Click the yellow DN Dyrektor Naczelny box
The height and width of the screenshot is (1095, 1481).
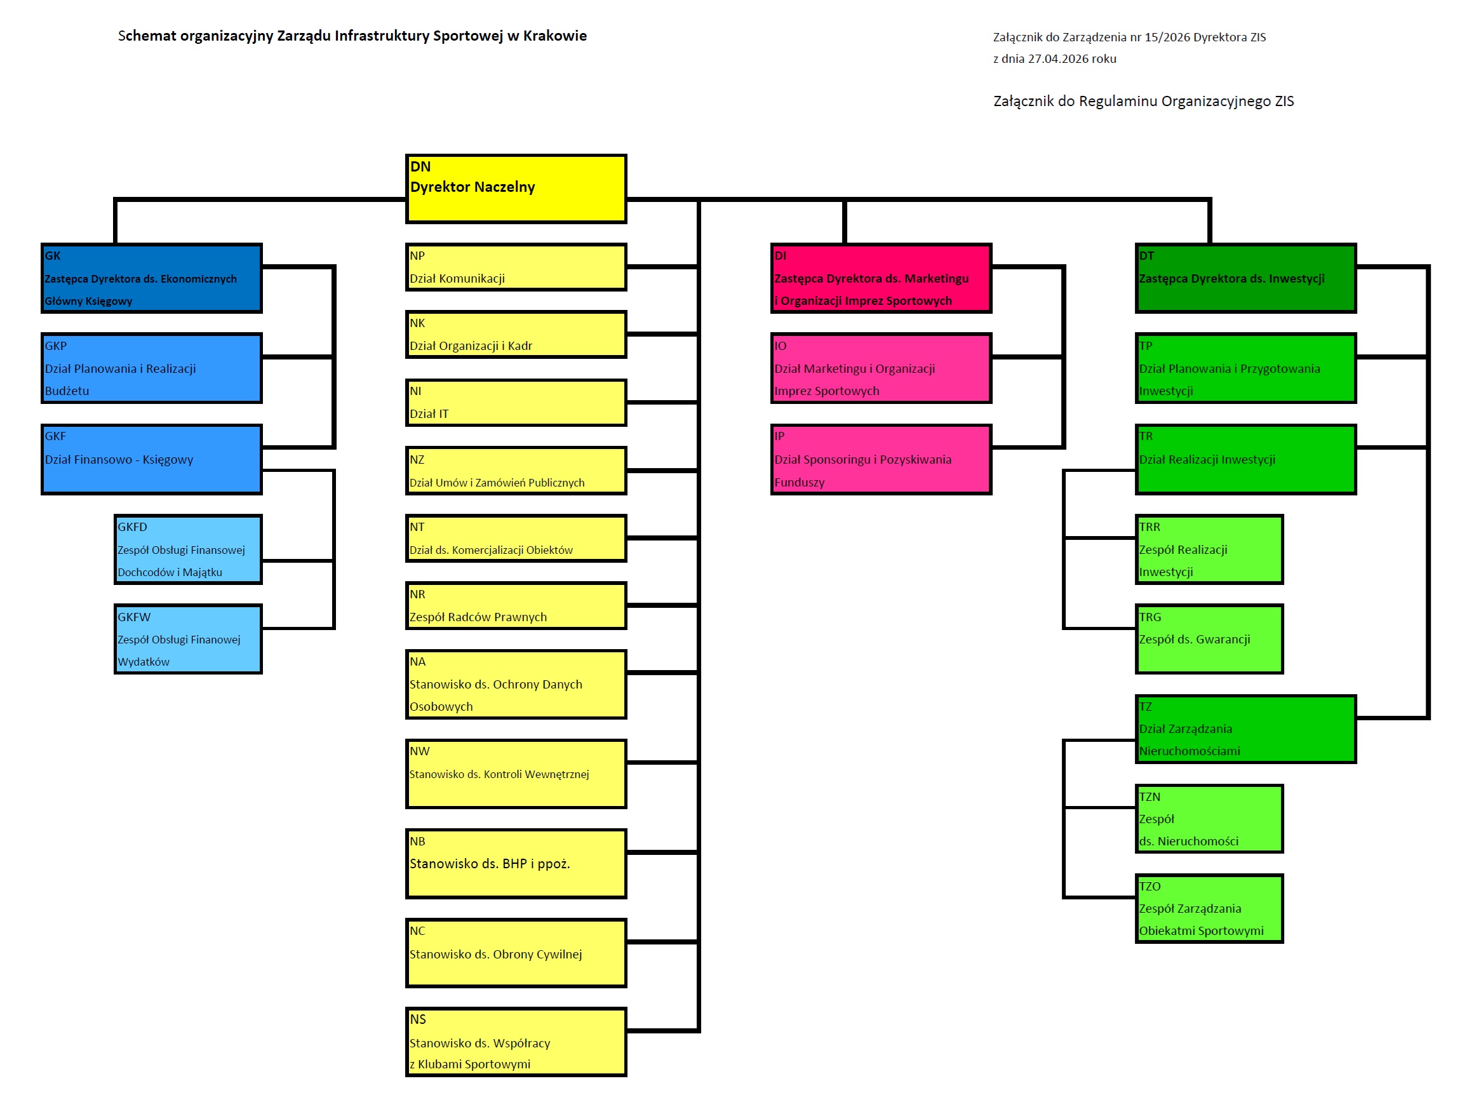tap(516, 189)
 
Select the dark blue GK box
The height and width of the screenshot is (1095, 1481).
tap(152, 278)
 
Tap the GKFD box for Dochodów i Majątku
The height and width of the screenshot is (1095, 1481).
tap(188, 549)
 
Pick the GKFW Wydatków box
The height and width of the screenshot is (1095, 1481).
tap(188, 639)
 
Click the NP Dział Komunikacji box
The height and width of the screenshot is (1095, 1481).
tap(516, 267)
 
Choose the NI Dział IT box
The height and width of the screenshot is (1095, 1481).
tap(516, 402)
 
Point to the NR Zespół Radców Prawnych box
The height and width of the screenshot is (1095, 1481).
tap(516, 605)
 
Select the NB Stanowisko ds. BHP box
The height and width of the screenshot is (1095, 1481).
tap(516, 863)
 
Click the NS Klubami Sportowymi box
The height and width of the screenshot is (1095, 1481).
tap(516, 1041)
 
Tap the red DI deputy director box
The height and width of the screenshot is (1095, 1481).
tap(881, 278)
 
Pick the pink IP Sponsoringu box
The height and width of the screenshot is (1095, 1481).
tap(881, 459)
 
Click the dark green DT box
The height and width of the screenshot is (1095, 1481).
tap(1246, 278)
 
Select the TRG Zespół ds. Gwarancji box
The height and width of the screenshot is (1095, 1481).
tap(1209, 639)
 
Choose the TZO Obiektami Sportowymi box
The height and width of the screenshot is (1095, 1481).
tap(1209, 908)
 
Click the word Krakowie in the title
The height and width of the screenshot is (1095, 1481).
tap(554, 36)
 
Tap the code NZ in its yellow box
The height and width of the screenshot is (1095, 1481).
tap(417, 459)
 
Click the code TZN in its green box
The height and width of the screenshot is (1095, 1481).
tap(1149, 796)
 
